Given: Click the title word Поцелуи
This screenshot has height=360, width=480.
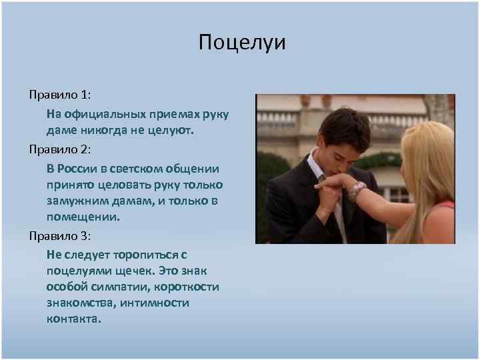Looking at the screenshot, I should (x=242, y=43).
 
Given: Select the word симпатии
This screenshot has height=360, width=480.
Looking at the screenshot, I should (x=123, y=287).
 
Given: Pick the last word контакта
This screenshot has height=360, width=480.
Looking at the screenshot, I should (x=74, y=319).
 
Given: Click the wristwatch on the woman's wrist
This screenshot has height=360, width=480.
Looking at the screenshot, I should (x=357, y=190).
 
